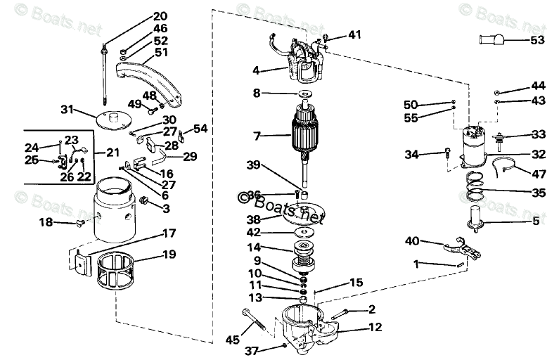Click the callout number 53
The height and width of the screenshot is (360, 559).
point(537,40)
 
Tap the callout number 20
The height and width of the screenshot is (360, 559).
point(160,15)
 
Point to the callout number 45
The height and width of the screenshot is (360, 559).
point(232,340)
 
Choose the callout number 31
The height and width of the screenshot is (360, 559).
point(67,109)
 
